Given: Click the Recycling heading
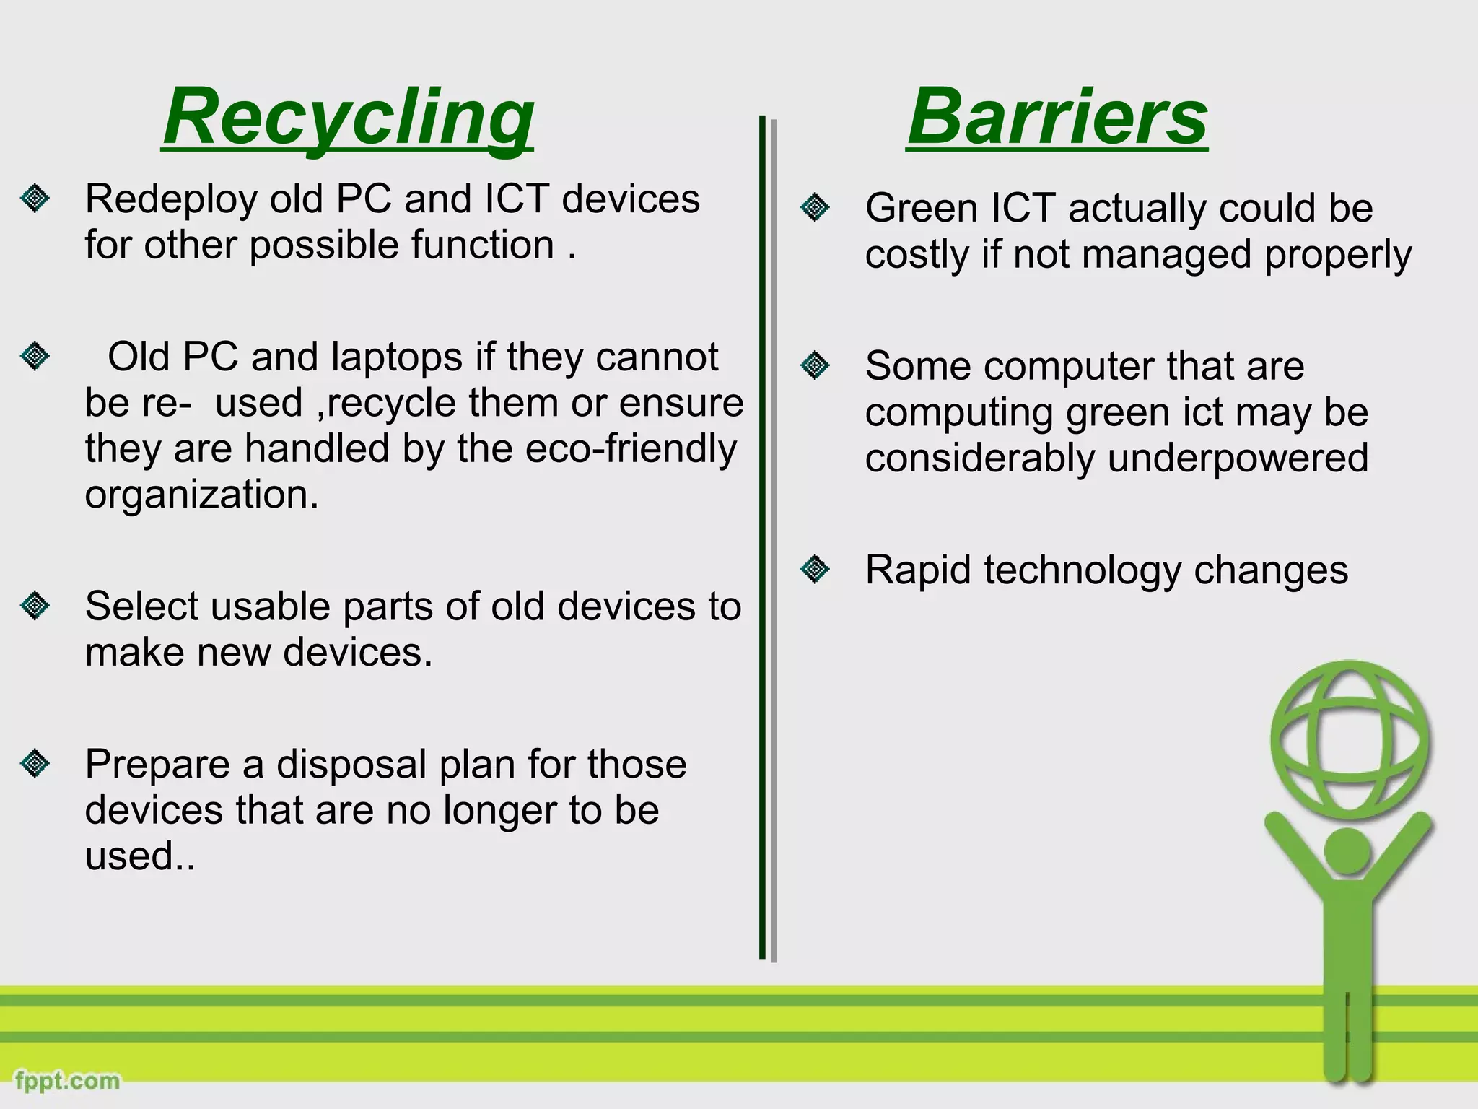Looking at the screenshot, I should (348, 117).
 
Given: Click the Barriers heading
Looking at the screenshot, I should (1057, 117).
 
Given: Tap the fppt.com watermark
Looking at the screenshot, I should (67, 1081).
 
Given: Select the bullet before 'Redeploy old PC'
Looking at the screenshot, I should (35, 199).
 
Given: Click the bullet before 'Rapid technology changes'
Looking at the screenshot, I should (815, 570).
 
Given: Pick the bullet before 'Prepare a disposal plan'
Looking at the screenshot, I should (35, 764).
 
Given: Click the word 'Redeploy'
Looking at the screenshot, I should (171, 200).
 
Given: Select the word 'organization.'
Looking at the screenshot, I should (201, 495).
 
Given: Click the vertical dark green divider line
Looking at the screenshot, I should (762, 537).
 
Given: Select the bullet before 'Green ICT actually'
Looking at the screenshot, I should (815, 209).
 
